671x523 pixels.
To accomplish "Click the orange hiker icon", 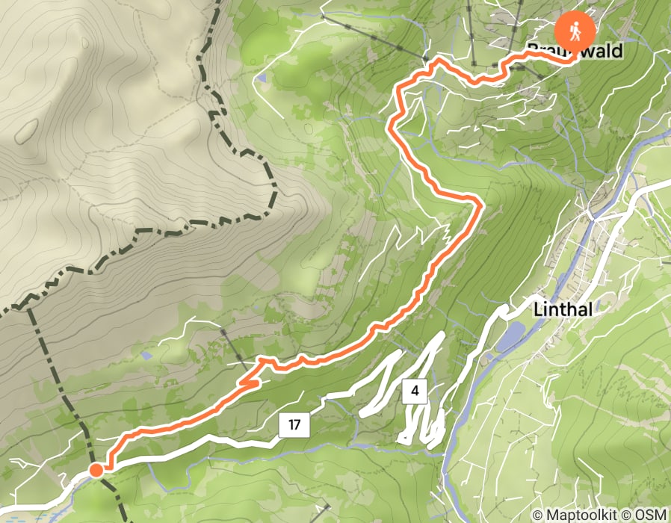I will coord(575,31).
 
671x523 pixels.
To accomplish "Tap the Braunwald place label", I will coord(575,51).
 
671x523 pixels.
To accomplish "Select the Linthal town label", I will coord(563,309).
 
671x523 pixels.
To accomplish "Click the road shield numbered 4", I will coord(414,390).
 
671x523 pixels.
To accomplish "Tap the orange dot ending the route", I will coord(96,470).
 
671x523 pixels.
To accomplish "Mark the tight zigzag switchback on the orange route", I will coord(250,383).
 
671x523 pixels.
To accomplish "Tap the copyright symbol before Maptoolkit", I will coord(539,515).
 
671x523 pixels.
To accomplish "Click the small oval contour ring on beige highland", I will coord(26,130).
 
